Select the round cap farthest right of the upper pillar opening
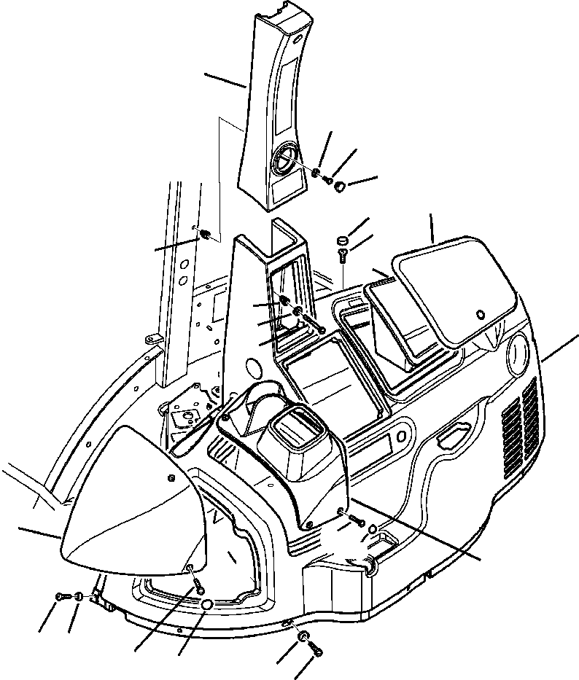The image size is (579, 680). point(339,188)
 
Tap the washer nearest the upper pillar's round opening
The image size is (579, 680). point(314,173)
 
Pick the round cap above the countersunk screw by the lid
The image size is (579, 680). point(343,240)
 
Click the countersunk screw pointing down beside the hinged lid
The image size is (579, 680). point(342,254)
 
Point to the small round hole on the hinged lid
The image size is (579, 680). point(479,314)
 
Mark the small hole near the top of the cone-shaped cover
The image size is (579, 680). point(171,477)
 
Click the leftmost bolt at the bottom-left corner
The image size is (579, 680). point(60,597)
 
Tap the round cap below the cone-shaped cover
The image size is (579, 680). point(206,604)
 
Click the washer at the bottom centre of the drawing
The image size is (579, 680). point(301,637)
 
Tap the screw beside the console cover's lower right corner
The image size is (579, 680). point(355,518)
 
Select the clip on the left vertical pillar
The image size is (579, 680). point(205,235)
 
